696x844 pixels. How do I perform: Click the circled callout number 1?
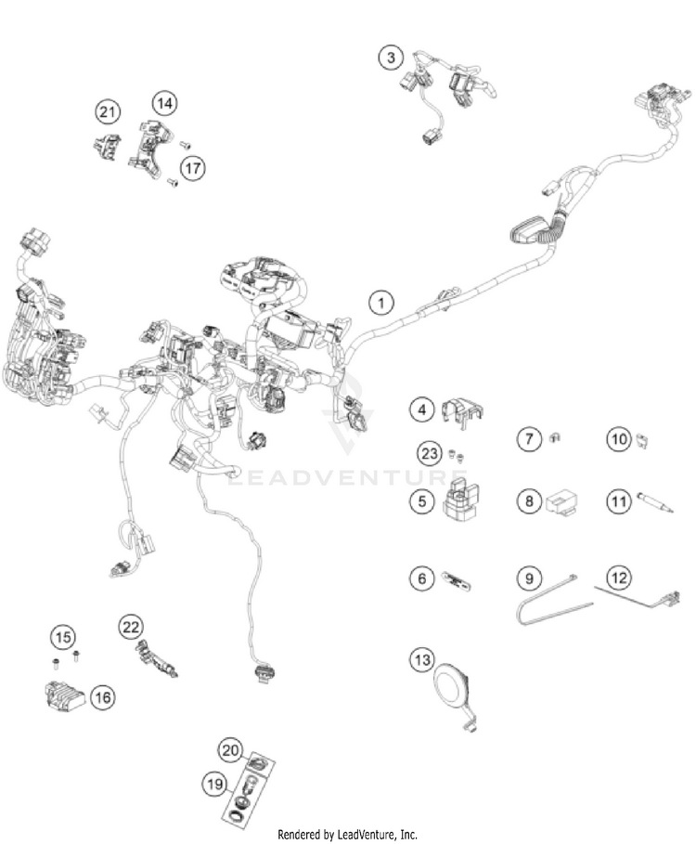pyautogui.click(x=380, y=303)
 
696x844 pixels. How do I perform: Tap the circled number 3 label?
pyautogui.click(x=391, y=57)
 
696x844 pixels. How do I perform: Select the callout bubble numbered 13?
pyautogui.click(x=422, y=659)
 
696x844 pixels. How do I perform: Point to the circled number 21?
pyautogui.click(x=108, y=112)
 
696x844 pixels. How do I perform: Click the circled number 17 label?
pyautogui.click(x=192, y=168)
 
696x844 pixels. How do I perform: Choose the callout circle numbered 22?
pyautogui.click(x=131, y=627)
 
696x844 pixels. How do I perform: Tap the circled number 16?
pyautogui.click(x=103, y=697)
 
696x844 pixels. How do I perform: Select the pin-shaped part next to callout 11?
pyautogui.click(x=655, y=501)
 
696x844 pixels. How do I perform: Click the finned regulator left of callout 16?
pyautogui.click(x=64, y=695)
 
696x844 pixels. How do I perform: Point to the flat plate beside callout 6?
pyautogui.click(x=457, y=579)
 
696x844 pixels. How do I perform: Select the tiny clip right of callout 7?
pyautogui.click(x=555, y=438)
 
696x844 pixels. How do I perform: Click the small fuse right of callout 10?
pyautogui.click(x=641, y=440)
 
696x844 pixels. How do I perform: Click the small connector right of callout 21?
pyautogui.click(x=107, y=147)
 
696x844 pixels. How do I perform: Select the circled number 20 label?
pyautogui.click(x=229, y=750)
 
